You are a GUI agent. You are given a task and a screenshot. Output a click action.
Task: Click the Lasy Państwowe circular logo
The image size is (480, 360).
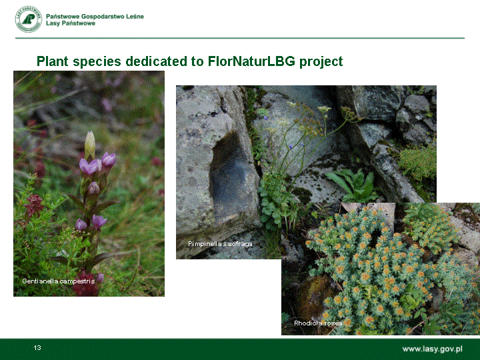[x=29, y=19]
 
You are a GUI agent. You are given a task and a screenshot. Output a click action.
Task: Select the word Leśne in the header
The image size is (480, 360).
[x=135, y=17]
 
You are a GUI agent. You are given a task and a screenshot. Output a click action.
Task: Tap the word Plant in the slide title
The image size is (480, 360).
[x=53, y=61]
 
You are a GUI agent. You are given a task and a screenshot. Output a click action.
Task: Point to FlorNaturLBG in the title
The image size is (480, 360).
[x=251, y=61]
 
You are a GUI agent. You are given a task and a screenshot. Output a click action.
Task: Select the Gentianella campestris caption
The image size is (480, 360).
[x=59, y=281]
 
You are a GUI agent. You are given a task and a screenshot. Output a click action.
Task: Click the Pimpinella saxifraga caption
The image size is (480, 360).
[x=220, y=244]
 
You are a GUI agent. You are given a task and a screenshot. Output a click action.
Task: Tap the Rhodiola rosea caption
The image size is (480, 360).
[x=318, y=323]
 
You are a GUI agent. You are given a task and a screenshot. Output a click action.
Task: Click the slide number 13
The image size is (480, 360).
[x=37, y=347]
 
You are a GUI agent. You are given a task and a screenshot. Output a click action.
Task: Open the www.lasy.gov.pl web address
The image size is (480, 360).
[x=432, y=349]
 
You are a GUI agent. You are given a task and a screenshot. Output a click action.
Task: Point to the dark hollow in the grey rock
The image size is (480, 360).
[x=228, y=175]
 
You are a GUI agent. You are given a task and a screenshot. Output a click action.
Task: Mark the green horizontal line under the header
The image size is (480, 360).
[x=240, y=38]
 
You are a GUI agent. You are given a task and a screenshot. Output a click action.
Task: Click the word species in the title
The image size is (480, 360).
[x=97, y=62]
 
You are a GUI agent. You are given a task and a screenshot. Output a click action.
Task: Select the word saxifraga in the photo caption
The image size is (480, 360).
[x=238, y=244]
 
